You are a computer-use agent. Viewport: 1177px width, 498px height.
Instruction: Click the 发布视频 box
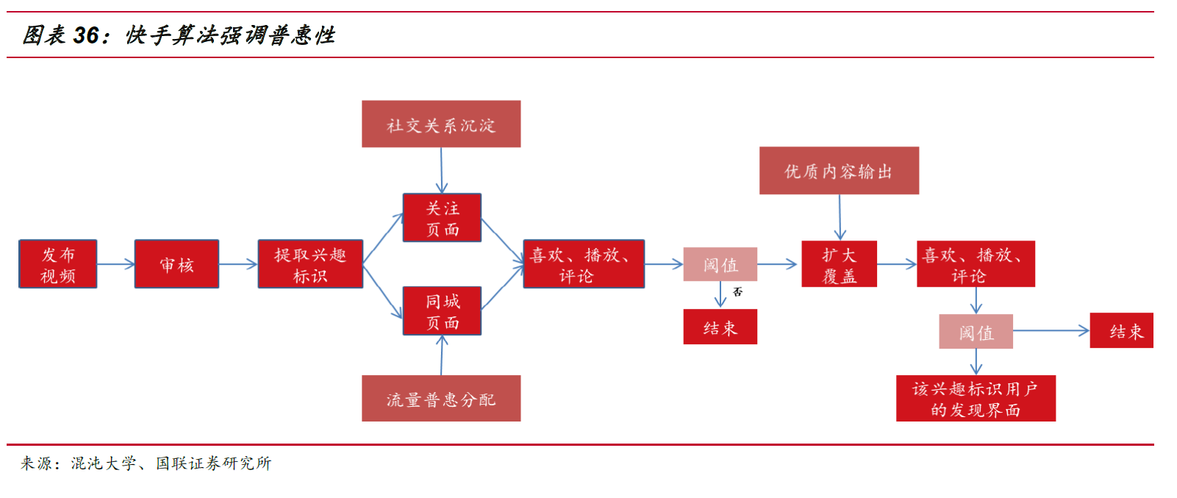(58, 264)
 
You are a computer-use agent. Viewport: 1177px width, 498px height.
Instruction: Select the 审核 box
(176, 264)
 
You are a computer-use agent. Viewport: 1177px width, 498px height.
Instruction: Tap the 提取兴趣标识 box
(310, 264)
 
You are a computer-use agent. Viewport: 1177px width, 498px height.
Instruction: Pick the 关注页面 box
(442, 218)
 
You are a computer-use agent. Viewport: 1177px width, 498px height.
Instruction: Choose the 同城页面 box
(442, 311)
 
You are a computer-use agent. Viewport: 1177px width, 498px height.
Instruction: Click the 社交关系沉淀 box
(441, 124)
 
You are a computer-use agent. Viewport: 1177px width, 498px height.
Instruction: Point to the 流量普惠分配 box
(441, 399)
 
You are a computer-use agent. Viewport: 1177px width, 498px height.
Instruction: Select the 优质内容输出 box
(839, 171)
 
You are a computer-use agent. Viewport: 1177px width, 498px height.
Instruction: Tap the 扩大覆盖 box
(839, 264)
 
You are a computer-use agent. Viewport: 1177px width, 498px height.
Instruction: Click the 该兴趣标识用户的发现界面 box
(976, 399)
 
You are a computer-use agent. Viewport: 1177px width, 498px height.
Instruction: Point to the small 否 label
(737, 292)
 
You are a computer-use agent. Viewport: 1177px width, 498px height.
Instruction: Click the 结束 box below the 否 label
(720, 327)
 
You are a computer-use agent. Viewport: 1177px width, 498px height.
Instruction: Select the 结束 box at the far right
(1121, 331)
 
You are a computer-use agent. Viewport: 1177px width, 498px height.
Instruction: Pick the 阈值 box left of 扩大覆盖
(720, 264)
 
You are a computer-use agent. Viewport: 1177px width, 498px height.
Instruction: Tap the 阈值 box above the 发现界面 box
(976, 332)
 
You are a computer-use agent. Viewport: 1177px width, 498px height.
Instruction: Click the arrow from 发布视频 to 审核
(115, 264)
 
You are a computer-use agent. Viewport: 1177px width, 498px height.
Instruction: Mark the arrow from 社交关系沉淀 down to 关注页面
(441, 171)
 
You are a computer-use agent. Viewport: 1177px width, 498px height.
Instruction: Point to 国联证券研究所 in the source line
(213, 463)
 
